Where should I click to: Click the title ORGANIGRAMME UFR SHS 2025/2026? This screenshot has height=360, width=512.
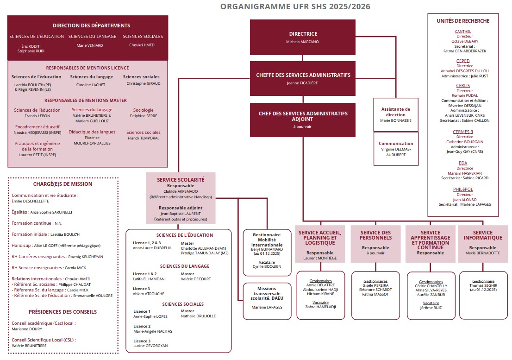click(x=295, y=6)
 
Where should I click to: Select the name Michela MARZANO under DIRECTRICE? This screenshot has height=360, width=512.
click(x=303, y=42)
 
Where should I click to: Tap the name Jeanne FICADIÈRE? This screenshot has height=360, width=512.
click(x=303, y=83)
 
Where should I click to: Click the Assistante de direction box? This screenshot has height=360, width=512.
click(x=396, y=114)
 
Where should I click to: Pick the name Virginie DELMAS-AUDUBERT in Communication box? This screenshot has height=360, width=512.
click(x=396, y=152)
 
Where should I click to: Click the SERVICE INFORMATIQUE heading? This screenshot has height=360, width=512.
click(x=483, y=235)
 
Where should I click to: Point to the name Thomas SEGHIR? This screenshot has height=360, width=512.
click(x=483, y=285)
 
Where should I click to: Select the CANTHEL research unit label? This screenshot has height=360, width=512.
click(x=462, y=32)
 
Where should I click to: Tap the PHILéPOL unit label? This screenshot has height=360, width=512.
click(x=462, y=189)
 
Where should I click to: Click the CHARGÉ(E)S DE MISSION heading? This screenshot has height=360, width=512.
click(x=62, y=184)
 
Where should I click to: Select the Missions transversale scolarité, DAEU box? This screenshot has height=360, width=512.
click(x=266, y=297)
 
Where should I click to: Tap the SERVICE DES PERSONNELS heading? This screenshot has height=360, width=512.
click(x=375, y=235)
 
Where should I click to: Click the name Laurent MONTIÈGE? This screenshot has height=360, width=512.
click(x=320, y=258)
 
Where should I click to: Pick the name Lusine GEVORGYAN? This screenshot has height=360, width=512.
click(x=150, y=346)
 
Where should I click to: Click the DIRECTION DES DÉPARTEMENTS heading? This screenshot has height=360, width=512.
click(x=91, y=26)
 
